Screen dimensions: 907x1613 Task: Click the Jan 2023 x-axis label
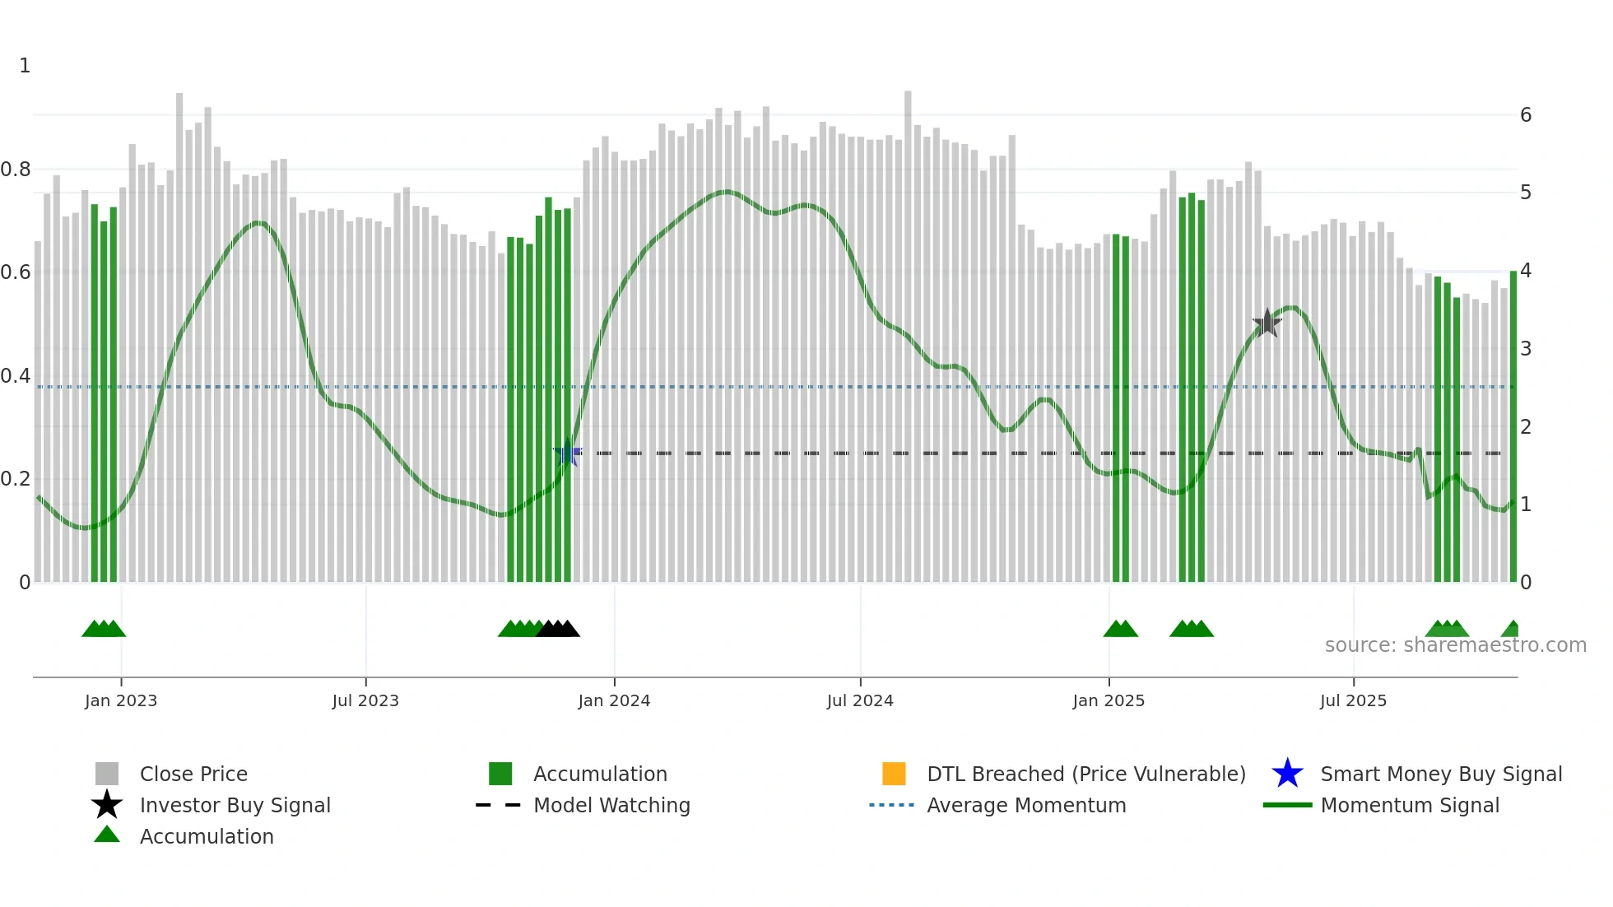click(121, 700)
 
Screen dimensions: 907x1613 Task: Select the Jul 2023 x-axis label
click(365, 700)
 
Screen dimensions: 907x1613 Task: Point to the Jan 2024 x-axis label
click(614, 700)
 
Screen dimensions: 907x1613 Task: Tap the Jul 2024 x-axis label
click(860, 700)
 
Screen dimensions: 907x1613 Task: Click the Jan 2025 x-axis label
click(1109, 700)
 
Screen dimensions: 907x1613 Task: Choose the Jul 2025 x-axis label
click(1353, 700)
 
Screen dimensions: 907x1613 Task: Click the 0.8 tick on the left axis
click(16, 170)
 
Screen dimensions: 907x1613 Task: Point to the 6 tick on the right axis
click(1526, 115)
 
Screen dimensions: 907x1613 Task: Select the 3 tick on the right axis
click(1526, 349)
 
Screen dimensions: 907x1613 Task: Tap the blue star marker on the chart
click(567, 453)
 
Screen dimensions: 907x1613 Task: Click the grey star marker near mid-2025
click(1267, 323)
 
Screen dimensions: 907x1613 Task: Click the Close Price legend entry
click(193, 774)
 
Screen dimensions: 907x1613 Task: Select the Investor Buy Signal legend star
click(107, 805)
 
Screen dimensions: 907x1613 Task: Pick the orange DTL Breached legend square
click(894, 774)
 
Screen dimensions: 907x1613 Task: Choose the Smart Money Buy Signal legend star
click(1287, 774)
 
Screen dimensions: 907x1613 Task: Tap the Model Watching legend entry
click(611, 805)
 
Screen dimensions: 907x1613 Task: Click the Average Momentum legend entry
click(1026, 805)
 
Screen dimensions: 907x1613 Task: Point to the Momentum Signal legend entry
click(1410, 805)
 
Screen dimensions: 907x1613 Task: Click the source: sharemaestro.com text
click(1455, 645)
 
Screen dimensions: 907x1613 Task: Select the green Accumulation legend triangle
click(107, 835)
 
